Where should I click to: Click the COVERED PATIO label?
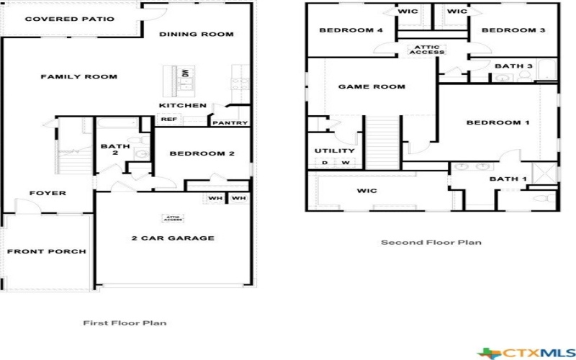coord(69,19)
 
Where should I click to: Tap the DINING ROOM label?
coord(197,34)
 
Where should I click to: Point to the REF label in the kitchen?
coord(168,120)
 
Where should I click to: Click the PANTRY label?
coord(230,123)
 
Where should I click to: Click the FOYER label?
coord(48,193)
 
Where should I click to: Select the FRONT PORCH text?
coord(47,251)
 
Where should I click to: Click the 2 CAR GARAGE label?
coord(173,238)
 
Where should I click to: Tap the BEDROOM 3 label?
coord(513,30)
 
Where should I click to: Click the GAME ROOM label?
coord(372,87)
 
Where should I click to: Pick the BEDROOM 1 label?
coord(498,122)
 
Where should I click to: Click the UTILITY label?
coord(335,151)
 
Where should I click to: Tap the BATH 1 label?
coord(508,179)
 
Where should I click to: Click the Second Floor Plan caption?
coord(431,243)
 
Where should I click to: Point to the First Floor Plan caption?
coord(125,323)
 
